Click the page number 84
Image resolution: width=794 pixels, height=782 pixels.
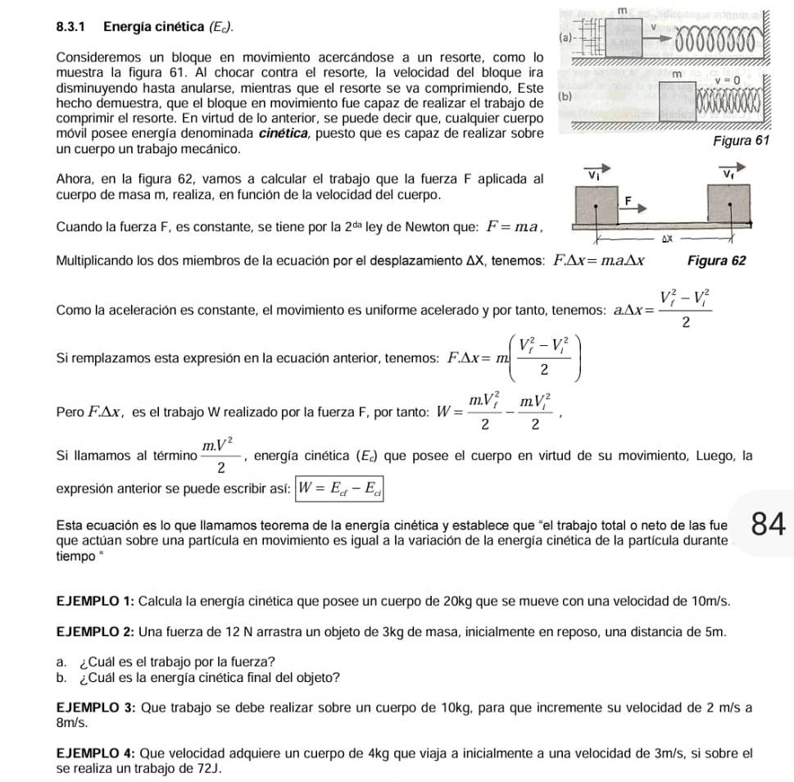tap(769, 524)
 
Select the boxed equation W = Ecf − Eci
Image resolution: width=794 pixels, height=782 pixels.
tap(340, 489)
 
